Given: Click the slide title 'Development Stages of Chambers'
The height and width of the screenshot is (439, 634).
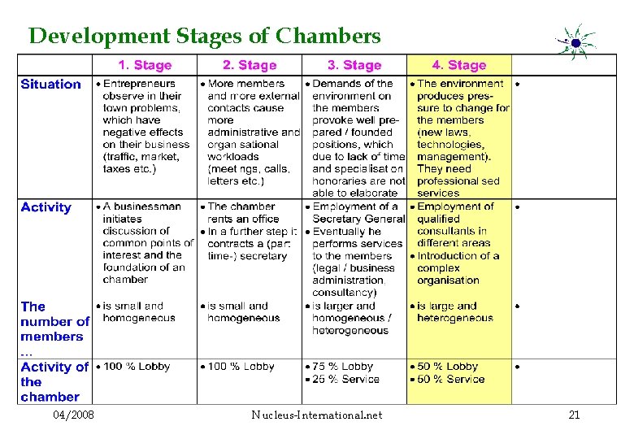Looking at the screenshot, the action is point(204,37).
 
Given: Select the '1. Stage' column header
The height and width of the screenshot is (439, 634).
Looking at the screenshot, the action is point(145,65).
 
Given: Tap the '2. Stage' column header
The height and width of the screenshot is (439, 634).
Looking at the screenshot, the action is point(250,65).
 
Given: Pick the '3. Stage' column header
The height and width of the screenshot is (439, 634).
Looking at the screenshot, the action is point(354,65).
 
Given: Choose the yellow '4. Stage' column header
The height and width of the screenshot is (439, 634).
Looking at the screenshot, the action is point(459,65).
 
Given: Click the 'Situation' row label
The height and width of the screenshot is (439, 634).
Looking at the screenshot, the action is point(50,85).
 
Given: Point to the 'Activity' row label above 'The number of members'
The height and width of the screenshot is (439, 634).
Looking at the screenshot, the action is point(46,207).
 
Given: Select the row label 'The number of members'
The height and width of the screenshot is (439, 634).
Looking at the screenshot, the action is point(54,322).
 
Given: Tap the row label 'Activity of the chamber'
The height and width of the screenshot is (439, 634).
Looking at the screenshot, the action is point(54,381).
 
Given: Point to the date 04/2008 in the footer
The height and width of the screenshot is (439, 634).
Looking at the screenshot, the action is point(73,415).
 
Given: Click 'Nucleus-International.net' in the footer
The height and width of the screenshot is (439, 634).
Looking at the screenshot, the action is point(316,415).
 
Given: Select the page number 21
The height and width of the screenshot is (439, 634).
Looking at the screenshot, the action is point(574,415).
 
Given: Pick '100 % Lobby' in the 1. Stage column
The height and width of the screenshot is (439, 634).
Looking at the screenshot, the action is point(137,367).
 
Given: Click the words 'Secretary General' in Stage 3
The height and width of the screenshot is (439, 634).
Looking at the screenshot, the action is point(358,219).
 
